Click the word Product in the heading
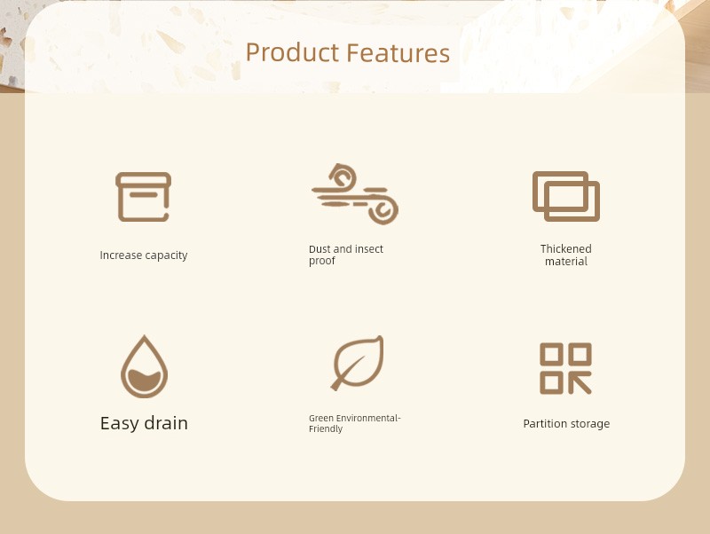coord(292,52)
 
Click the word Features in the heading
coord(398,52)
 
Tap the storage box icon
coord(143,197)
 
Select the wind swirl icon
coord(355,194)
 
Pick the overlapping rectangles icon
coord(566,196)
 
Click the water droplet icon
coord(144,366)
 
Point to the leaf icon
coord(358,363)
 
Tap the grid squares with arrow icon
coord(565,368)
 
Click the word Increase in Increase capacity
coord(121,255)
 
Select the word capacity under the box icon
coord(166,255)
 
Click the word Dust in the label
coord(319,249)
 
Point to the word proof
coord(322,261)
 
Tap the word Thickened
coord(566,249)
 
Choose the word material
coord(566,262)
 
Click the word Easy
coord(120,424)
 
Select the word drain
coord(166,423)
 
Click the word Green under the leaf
coord(321,418)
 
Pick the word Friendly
coord(326,429)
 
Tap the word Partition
coord(543,424)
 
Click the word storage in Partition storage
coord(588,425)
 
